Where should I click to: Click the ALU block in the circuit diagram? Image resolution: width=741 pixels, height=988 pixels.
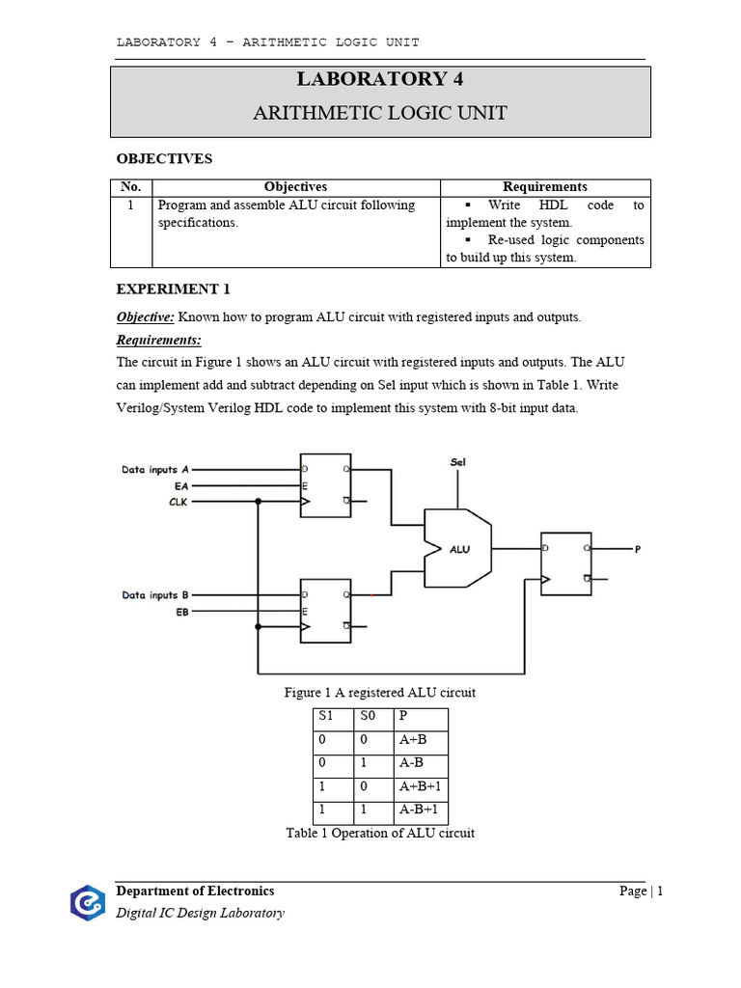click(x=458, y=548)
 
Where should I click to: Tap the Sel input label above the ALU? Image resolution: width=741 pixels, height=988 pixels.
click(x=458, y=462)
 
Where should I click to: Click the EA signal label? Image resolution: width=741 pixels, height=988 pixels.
click(x=181, y=486)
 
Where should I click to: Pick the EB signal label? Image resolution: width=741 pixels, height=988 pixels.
click(x=181, y=612)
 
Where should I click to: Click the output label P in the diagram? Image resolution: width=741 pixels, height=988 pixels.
click(x=637, y=549)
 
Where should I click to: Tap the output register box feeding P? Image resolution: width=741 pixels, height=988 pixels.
click(x=565, y=563)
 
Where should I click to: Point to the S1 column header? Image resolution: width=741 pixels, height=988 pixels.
click(x=325, y=718)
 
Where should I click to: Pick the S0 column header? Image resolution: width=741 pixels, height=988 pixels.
click(x=369, y=718)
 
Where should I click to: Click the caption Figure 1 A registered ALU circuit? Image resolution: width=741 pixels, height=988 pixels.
click(x=379, y=693)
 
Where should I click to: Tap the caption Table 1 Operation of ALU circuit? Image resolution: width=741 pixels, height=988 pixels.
click(x=380, y=833)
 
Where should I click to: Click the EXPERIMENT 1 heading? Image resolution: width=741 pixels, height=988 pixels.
click(x=174, y=288)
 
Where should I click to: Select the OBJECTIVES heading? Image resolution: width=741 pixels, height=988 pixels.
click(x=164, y=158)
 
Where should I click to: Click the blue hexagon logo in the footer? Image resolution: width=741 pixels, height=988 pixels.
click(x=87, y=902)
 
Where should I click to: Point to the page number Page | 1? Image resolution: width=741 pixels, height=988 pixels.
click(x=641, y=892)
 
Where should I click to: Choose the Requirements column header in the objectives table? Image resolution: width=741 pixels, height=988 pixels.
click(x=544, y=187)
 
